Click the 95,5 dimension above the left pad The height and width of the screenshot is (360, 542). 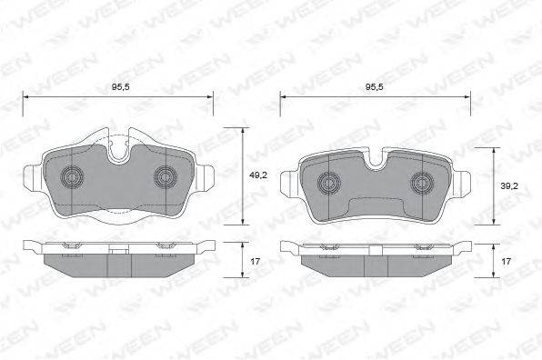tap(120, 87)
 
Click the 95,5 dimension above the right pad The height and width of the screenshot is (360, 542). tap(375, 87)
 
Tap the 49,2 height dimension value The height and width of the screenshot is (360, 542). tap(258, 175)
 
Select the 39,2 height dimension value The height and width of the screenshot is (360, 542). tap(509, 186)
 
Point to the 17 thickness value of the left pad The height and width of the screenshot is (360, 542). tap(256, 262)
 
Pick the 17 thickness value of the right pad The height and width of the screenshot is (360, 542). tap(506, 262)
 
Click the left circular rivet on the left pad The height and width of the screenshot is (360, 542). tap(72, 177)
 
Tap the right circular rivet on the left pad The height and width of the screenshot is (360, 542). tap(166, 177)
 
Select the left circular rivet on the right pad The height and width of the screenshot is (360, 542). tap(328, 182)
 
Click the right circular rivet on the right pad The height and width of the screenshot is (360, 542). tap(422, 182)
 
